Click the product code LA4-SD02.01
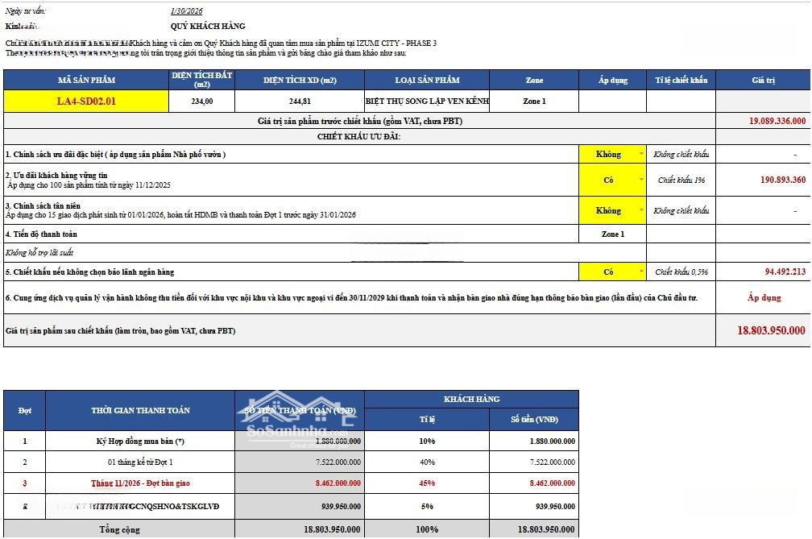86,102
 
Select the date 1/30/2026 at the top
186,11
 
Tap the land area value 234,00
202,102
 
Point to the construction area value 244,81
300,102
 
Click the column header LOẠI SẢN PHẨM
427,80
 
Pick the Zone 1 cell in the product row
534,102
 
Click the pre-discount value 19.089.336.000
777,121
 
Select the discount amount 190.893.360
782,180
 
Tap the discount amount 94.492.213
785,272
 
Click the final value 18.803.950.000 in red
771,330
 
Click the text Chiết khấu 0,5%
681,272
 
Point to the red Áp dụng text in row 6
764,297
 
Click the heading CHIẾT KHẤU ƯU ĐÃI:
358,137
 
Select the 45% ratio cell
426,483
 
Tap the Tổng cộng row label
120,529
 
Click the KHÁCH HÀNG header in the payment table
471,399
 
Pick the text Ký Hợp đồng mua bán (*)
140,441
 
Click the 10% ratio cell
426,441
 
